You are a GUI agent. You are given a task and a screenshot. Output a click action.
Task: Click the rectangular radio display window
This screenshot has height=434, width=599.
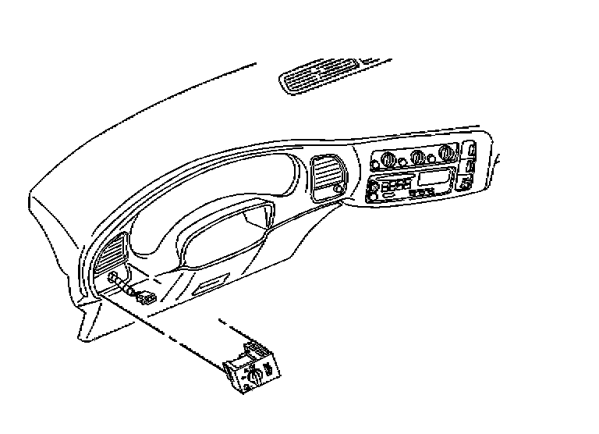431,178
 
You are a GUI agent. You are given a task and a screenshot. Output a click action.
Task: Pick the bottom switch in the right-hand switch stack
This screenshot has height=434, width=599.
466,183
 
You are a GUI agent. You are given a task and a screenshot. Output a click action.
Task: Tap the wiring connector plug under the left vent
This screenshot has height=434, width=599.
146,297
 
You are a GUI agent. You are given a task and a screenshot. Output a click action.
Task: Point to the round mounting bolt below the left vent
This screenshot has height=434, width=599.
115,279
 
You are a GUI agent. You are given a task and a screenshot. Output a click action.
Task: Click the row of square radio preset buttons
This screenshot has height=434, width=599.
394,186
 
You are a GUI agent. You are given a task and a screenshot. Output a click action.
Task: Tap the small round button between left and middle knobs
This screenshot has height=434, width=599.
401,162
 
